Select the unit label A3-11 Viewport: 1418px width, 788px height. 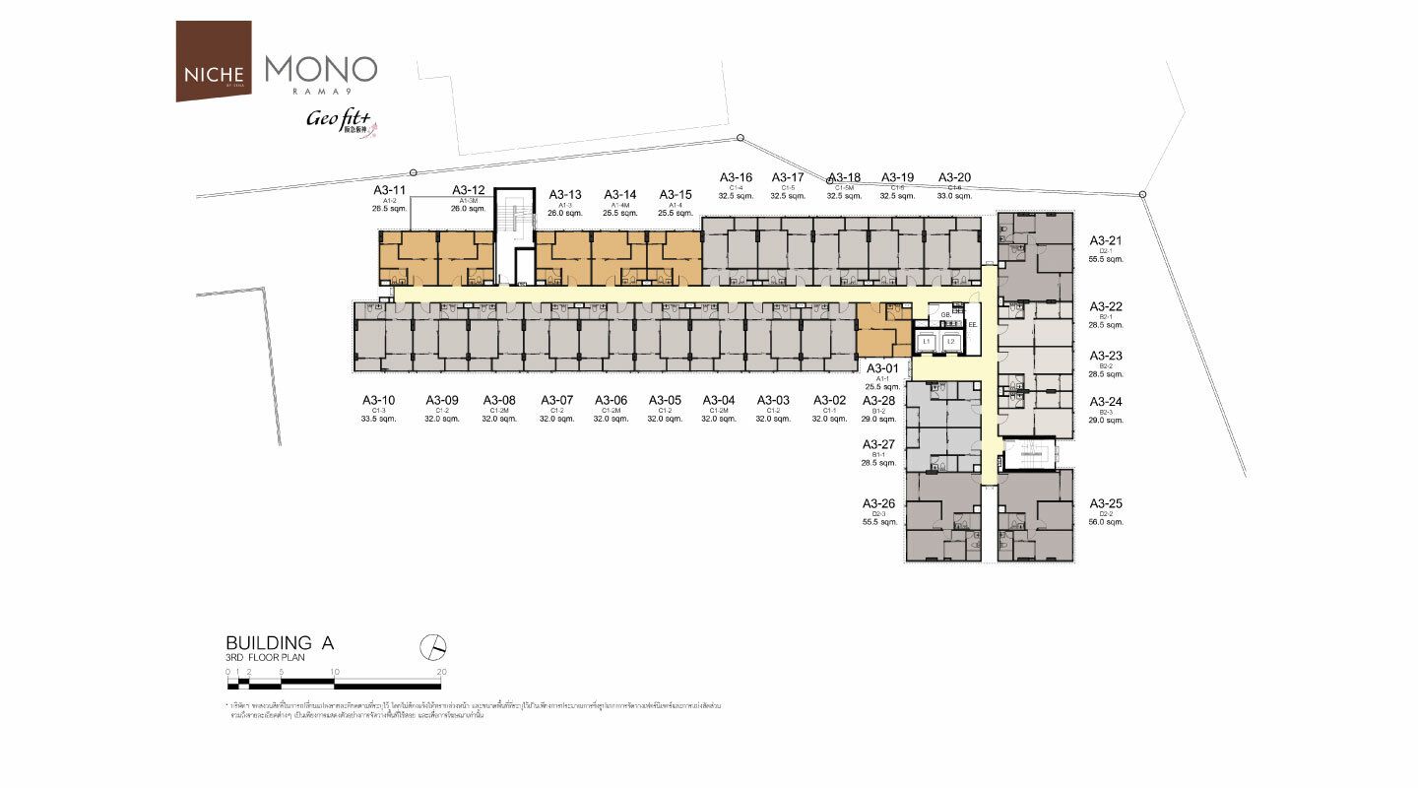[x=389, y=190]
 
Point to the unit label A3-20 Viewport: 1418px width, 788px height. [x=954, y=177]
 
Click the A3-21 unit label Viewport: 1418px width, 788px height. [x=1105, y=240]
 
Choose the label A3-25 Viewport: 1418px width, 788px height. [x=1105, y=503]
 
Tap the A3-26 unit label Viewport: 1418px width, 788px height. [x=879, y=503]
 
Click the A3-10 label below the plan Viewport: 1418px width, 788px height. [x=378, y=400]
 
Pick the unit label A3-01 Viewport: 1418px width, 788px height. [x=881, y=368]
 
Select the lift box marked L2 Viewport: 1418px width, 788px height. [x=950, y=341]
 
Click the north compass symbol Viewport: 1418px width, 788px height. [x=433, y=646]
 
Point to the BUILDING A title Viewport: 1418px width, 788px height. [x=281, y=643]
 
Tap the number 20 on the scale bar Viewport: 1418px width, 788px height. [x=440, y=672]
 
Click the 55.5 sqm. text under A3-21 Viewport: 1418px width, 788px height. [x=1105, y=259]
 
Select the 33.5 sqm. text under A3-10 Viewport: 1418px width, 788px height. [x=378, y=419]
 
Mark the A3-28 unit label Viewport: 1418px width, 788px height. [x=879, y=401]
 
